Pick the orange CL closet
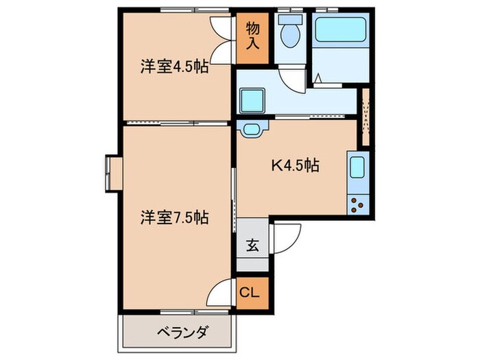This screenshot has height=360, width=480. (250, 293)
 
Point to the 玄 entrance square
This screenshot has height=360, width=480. (252, 245)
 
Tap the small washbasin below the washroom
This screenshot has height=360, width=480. (251, 128)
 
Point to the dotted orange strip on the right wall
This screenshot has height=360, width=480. (366, 117)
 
